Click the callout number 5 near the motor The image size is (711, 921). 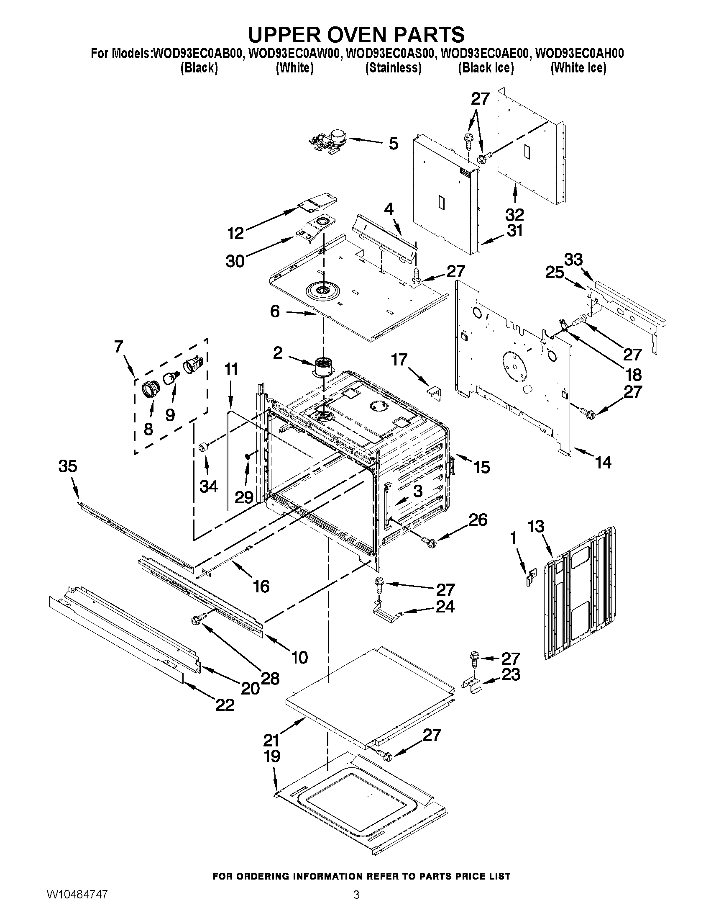(x=393, y=144)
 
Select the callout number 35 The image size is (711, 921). (x=68, y=466)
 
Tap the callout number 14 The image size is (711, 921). (x=603, y=463)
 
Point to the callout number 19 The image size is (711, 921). (x=272, y=756)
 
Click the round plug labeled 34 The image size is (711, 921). (x=204, y=447)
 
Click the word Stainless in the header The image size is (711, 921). (x=393, y=67)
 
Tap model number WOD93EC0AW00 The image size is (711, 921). (x=294, y=54)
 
